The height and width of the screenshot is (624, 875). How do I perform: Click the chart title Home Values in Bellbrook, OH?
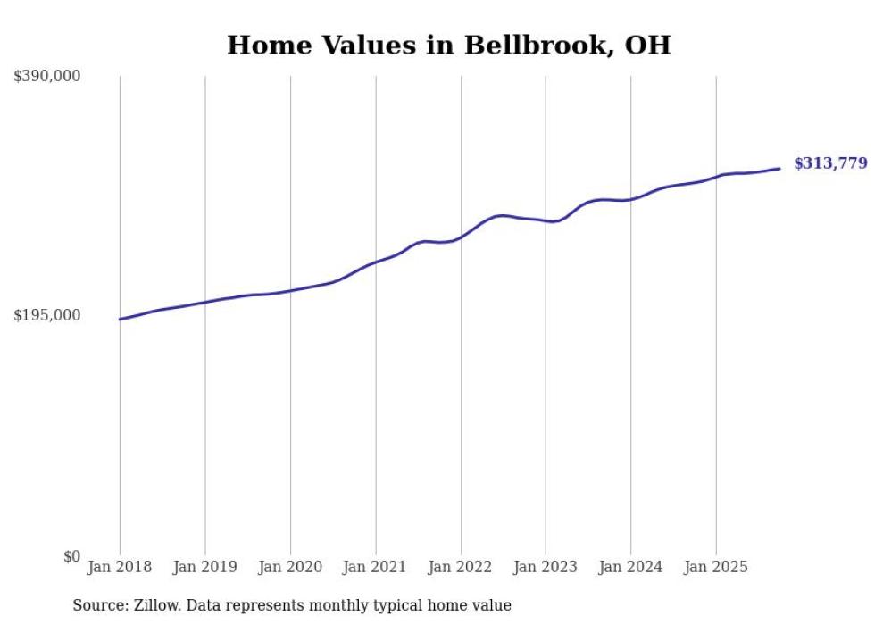tap(448, 45)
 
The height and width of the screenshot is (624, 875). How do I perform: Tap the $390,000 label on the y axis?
tap(47, 77)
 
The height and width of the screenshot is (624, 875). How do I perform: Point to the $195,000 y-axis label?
tap(47, 315)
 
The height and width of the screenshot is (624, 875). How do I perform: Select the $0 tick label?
tap(71, 556)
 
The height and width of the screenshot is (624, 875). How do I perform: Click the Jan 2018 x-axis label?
tap(120, 567)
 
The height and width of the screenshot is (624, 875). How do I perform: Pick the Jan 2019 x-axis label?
tap(205, 567)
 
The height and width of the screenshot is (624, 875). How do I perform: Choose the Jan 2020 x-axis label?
tap(290, 567)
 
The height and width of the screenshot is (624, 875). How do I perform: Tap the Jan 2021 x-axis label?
tap(375, 567)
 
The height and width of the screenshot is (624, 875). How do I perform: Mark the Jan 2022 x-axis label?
tap(461, 567)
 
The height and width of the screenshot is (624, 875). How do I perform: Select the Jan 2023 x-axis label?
tap(546, 567)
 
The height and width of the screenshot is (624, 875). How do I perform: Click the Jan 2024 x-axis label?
tap(630, 567)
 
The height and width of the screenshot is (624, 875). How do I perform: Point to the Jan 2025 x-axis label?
tap(715, 567)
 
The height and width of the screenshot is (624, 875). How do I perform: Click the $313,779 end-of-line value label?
tap(829, 163)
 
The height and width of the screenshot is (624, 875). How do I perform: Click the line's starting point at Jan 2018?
tap(120, 319)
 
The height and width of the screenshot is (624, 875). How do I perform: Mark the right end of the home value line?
tap(779, 168)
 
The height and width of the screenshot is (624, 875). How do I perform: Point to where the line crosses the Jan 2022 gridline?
tap(461, 237)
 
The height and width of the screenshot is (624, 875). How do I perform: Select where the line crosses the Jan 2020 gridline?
tap(290, 290)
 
